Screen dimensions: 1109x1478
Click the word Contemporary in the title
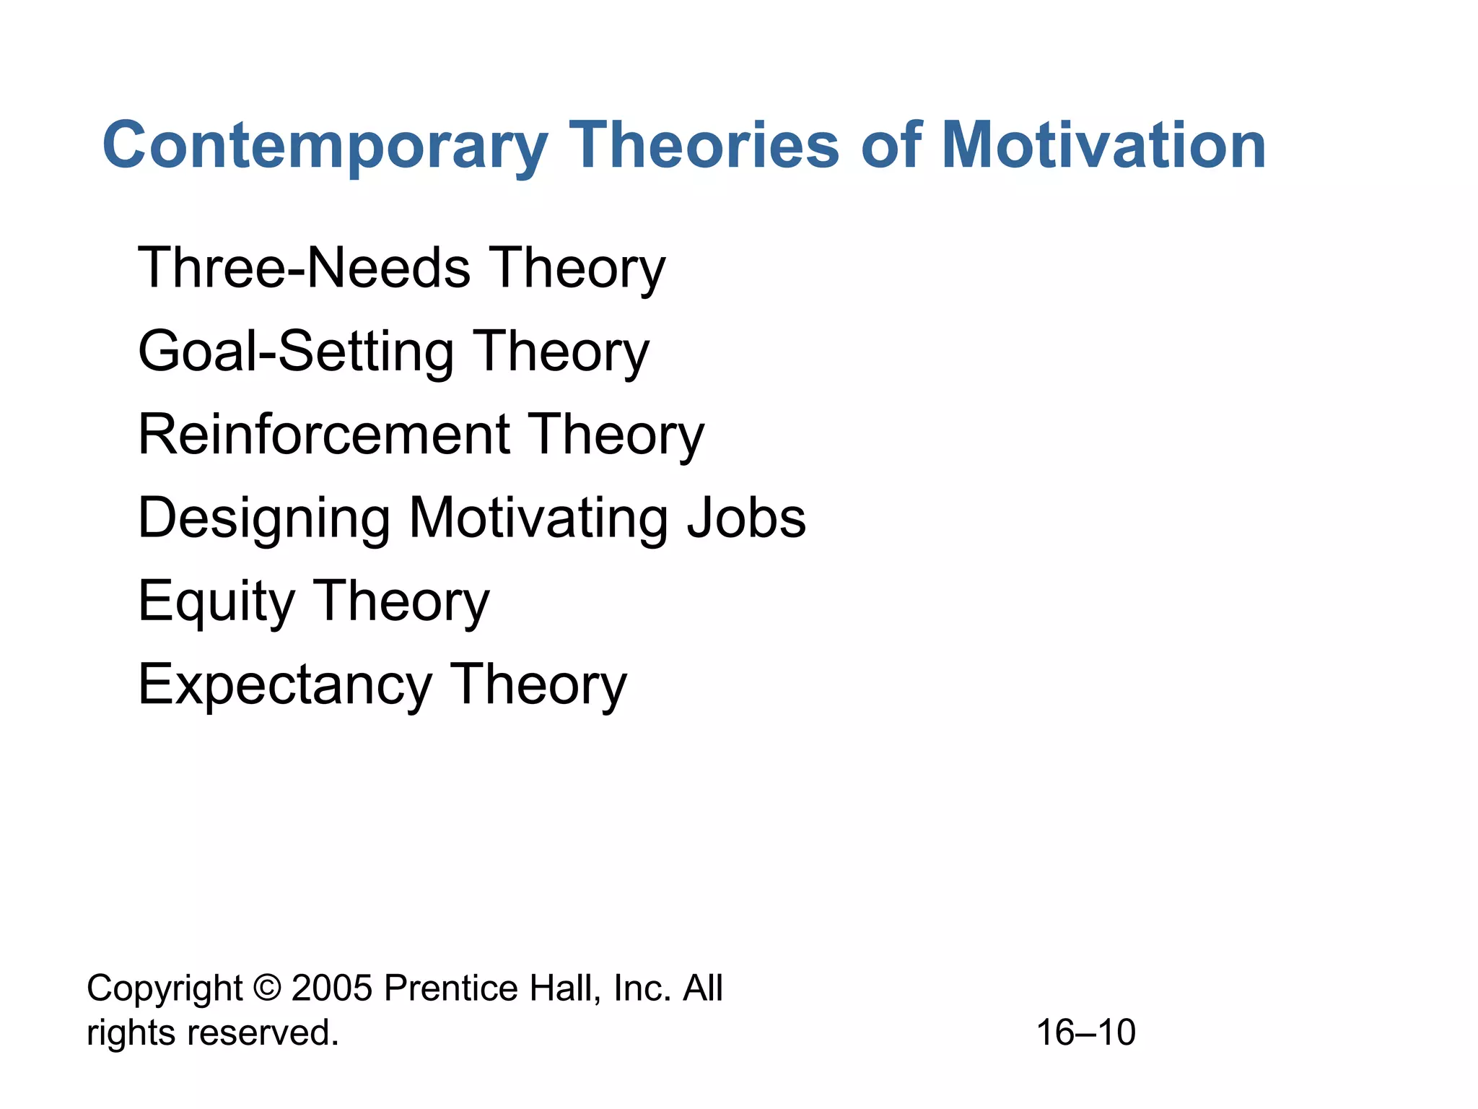[x=325, y=147]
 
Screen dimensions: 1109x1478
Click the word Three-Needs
[x=304, y=268]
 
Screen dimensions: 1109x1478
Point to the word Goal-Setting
[x=295, y=352]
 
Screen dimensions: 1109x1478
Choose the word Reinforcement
[x=324, y=435]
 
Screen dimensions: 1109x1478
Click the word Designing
[x=264, y=518]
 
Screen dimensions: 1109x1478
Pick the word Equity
[x=216, y=601]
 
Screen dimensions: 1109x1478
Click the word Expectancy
[x=284, y=685]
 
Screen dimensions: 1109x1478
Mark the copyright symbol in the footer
[x=267, y=988]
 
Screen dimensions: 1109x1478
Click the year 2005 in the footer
[x=332, y=988]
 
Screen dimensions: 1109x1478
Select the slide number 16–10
[x=1085, y=1032]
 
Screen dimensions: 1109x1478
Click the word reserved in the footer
[x=263, y=1032]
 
